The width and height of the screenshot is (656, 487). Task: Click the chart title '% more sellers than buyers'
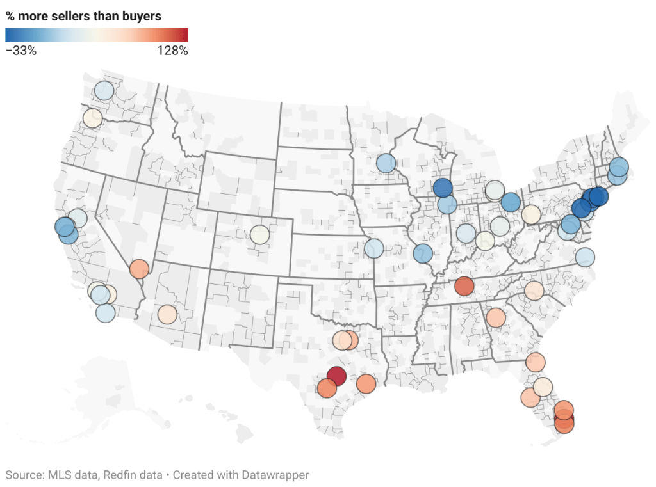(x=83, y=15)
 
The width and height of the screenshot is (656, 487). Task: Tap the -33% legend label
(x=21, y=51)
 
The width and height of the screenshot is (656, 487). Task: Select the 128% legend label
(x=172, y=51)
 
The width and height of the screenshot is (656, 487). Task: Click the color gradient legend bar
(x=97, y=35)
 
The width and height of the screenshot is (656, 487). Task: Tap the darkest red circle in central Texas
(x=336, y=376)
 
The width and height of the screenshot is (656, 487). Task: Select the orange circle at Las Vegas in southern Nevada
(x=139, y=269)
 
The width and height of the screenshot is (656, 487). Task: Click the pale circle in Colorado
(x=259, y=234)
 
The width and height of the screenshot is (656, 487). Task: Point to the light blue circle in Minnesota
(x=386, y=163)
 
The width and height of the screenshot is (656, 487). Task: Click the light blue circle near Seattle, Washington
(x=104, y=90)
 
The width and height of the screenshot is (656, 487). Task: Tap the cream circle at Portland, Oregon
(x=92, y=118)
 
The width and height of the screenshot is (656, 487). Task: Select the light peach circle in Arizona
(x=167, y=315)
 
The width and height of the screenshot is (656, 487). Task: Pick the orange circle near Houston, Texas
(x=366, y=384)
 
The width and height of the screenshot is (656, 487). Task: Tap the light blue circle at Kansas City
(x=373, y=248)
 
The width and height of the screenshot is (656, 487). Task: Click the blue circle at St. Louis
(x=423, y=253)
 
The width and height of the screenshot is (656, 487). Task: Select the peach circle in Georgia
(x=495, y=317)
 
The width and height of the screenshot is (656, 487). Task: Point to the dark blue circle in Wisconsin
(x=442, y=188)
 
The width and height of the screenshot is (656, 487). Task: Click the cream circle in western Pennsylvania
(x=531, y=214)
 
